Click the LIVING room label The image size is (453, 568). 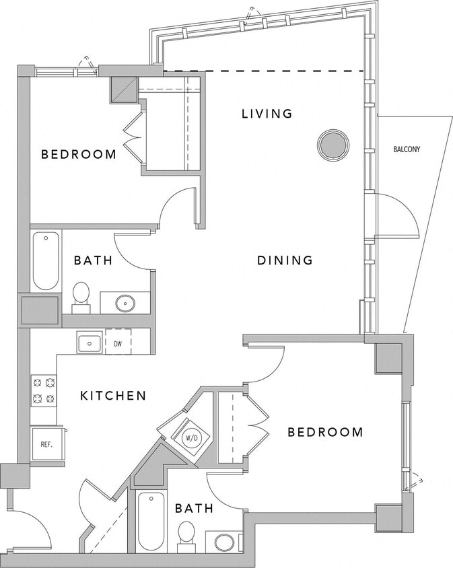pos(267,114)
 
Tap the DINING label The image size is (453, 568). pos(285,260)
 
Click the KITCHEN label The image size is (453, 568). pos(113,396)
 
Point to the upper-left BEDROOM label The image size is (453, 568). pos(79,154)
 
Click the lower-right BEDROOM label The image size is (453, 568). pos(325,432)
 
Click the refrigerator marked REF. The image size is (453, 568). pos(46,444)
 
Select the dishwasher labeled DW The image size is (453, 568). pos(118,343)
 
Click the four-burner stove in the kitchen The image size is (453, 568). pos(44,390)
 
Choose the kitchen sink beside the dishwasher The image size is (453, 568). pos(89,343)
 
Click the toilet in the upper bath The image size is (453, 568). pos(81,297)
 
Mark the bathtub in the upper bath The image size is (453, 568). pos(46,260)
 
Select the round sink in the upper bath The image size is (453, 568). pos(125,303)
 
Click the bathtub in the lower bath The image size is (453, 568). pos(151,522)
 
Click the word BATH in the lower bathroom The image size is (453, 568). pos(194,508)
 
